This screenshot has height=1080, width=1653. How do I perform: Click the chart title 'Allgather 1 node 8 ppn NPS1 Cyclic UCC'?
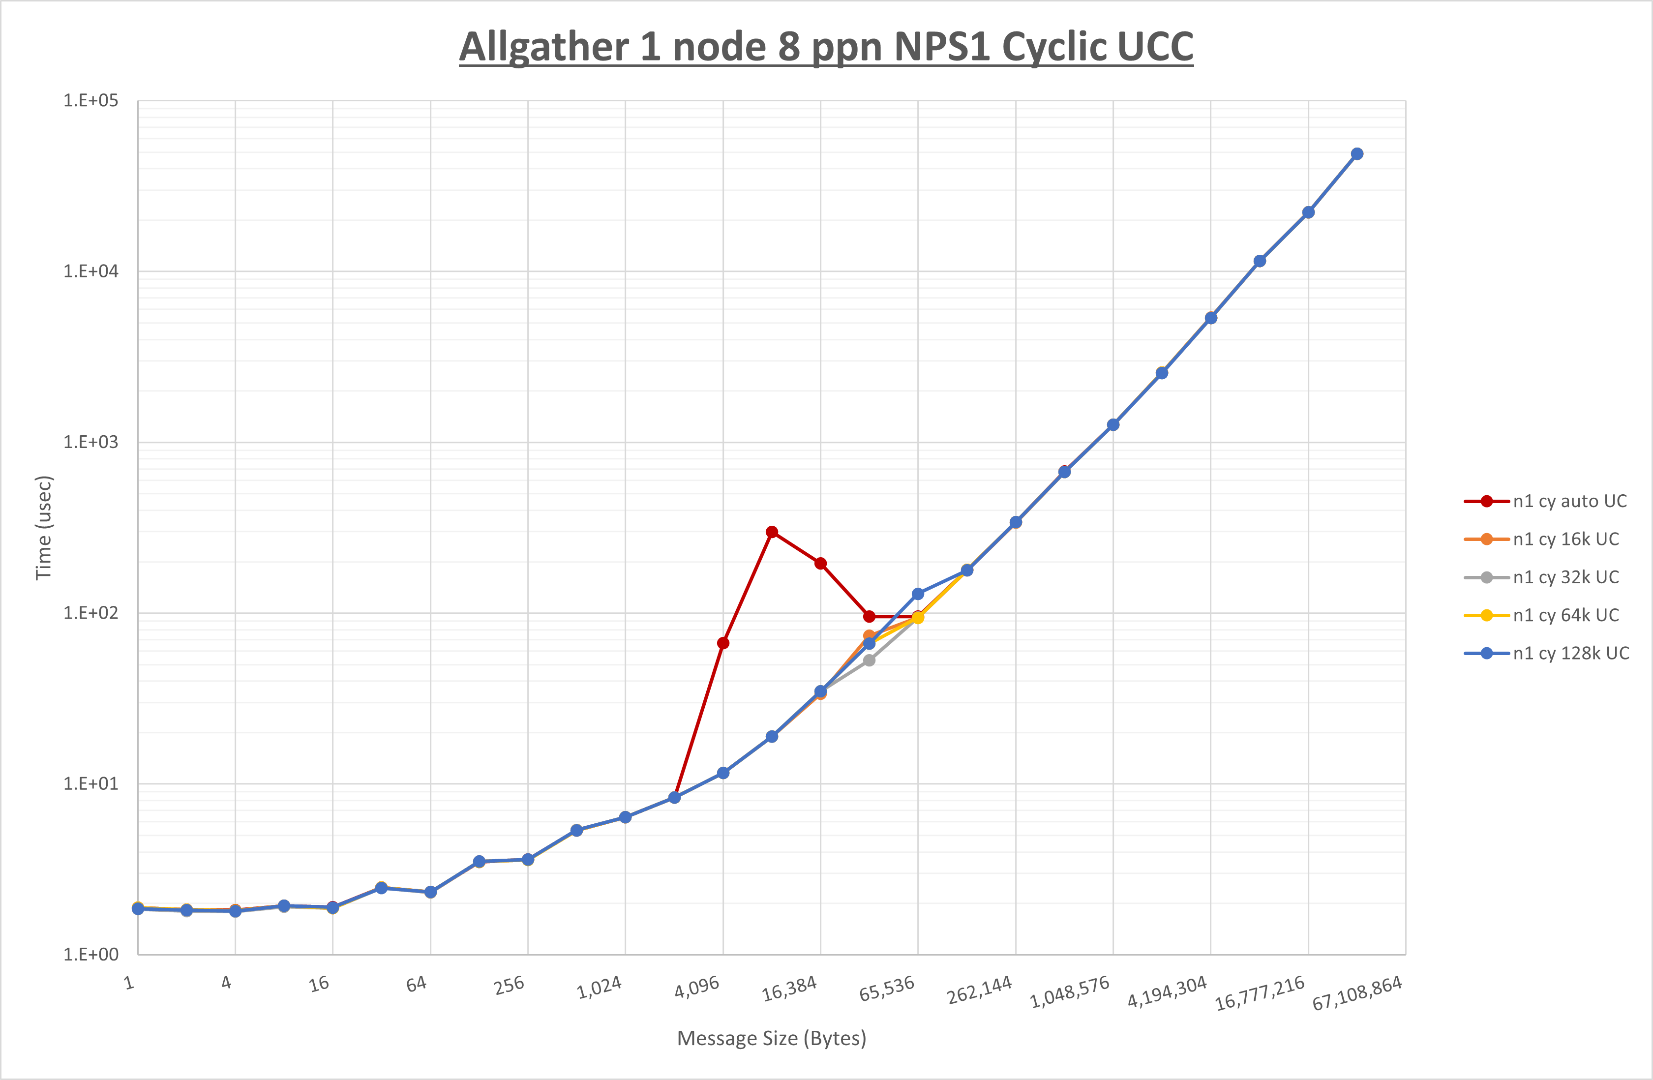tap(826, 47)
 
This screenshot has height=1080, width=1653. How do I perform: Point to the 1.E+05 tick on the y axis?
tap(91, 101)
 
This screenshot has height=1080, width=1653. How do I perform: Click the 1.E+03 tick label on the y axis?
tap(91, 443)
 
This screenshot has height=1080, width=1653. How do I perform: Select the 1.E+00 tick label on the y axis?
tap(91, 954)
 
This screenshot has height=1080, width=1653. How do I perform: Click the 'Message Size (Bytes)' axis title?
tap(772, 1038)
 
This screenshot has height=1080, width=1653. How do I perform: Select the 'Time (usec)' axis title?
tap(44, 528)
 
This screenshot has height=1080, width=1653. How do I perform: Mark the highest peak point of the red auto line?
tap(772, 532)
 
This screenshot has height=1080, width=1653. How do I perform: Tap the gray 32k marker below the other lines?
tap(869, 660)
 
